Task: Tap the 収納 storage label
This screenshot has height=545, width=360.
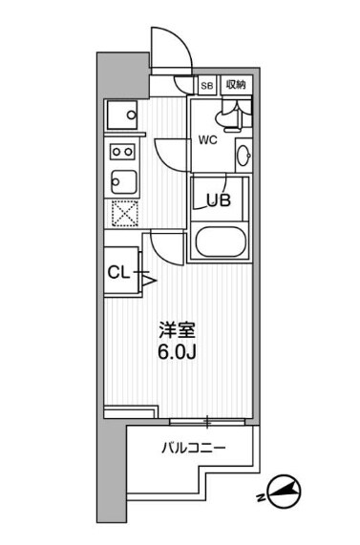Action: (236, 84)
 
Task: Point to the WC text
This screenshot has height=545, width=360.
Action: (209, 139)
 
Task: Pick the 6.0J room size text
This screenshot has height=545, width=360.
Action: (177, 355)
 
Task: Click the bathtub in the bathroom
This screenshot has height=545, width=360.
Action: (221, 242)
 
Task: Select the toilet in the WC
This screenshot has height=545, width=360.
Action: (228, 116)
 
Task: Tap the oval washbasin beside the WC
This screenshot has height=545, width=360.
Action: (244, 155)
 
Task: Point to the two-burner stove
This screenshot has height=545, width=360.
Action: (121, 151)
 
